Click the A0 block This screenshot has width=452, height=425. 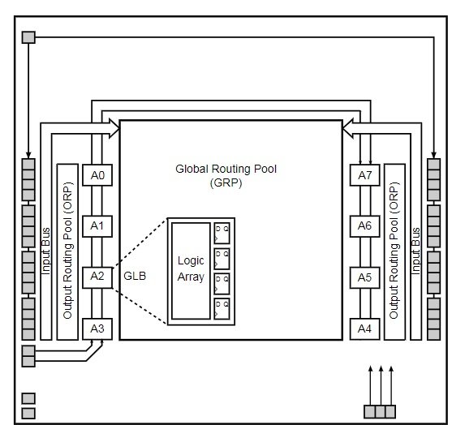pos(97,175)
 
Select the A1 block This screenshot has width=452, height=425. pos(97,226)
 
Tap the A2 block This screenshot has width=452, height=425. pos(97,277)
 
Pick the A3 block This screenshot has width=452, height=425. pos(97,328)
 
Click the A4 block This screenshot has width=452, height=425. pos(364,328)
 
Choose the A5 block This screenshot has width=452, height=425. pos(364,277)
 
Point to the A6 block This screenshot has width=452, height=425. pos(364,226)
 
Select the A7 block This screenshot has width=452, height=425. pos(364,175)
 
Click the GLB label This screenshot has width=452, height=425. pos(135,276)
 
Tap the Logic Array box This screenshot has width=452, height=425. pos(191,271)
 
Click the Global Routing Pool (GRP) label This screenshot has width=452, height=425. pos(226,175)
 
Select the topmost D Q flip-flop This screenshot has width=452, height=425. pos(222,233)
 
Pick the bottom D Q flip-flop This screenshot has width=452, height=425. pos(222,308)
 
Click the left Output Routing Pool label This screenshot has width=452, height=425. pos(67,251)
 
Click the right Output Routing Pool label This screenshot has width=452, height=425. pos(394,251)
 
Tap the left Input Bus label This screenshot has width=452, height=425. pos(45,251)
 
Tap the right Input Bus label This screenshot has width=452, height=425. pos(415,251)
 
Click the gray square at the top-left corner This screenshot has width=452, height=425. pos(28,37)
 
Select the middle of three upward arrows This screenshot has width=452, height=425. pos(381,385)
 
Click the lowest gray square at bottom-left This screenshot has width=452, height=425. pos(28,413)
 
